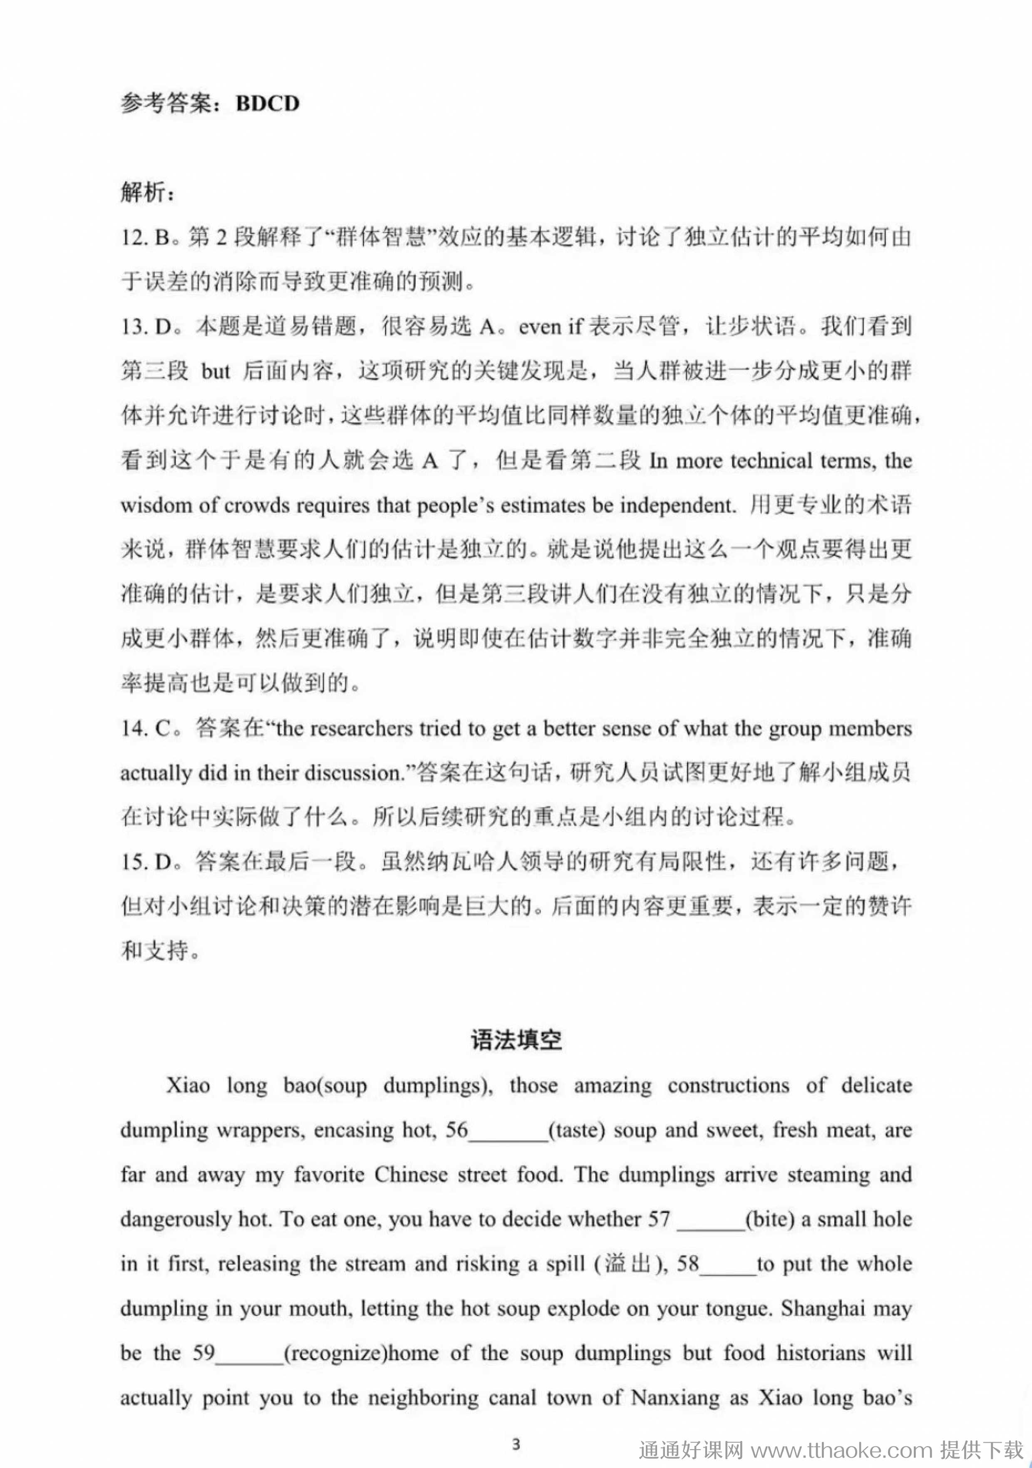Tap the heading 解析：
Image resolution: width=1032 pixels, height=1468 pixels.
coord(147,192)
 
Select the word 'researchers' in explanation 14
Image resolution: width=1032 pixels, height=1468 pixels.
coord(361,728)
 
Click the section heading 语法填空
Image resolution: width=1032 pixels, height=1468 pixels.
coord(516,1040)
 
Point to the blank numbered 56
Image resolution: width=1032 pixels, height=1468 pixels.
coord(509,1130)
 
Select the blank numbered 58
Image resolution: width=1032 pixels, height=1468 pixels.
coord(728,1264)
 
